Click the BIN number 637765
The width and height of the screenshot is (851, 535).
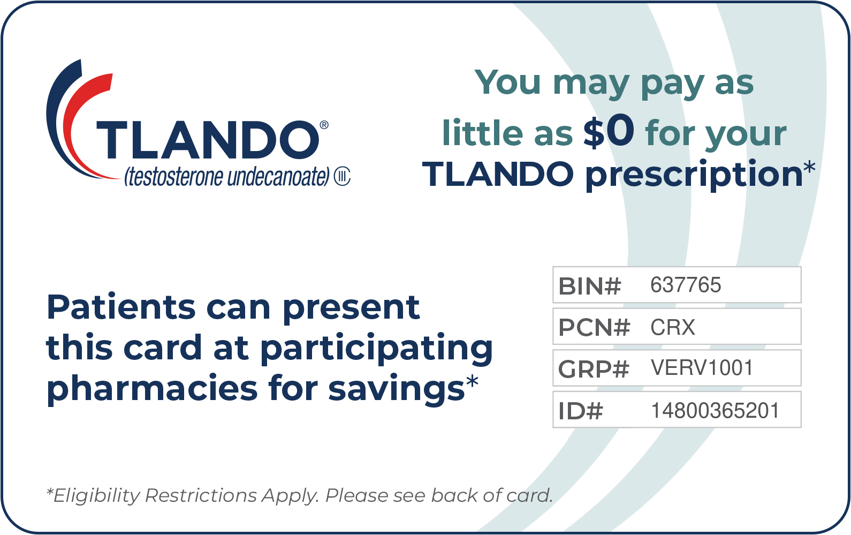point(686,285)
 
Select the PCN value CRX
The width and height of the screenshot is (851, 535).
point(673,327)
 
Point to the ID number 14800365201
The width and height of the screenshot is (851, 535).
point(716,411)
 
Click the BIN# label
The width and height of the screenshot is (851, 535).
point(590,286)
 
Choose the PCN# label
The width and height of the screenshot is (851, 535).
point(594,327)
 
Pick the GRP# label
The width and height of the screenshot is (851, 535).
point(594,369)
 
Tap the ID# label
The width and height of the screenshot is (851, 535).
point(581,411)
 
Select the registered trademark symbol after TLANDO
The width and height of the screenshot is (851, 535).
point(324,125)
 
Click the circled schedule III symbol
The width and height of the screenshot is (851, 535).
point(342,177)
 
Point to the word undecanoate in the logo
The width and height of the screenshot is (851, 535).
point(278,177)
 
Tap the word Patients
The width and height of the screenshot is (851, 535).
point(121,307)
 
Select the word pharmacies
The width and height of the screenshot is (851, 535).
point(152,389)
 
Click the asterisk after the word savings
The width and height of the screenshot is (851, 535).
point(472,381)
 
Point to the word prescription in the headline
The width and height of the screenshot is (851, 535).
point(694,175)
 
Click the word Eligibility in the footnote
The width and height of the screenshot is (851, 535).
point(96,496)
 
